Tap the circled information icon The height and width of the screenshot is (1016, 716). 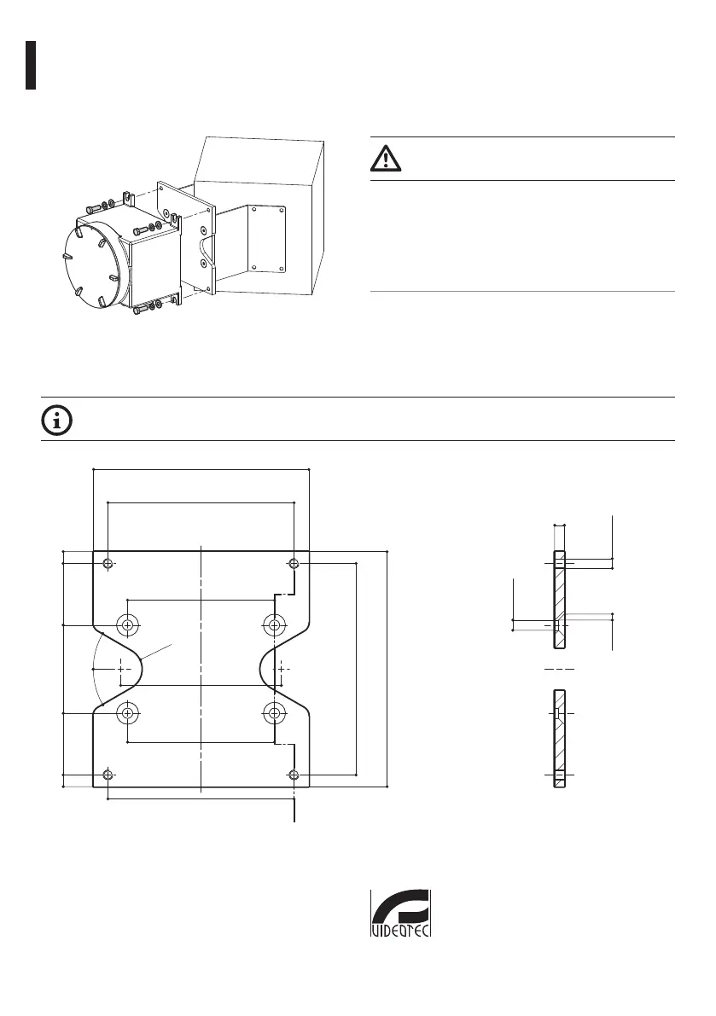point(57,420)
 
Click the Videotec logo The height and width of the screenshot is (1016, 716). point(400,914)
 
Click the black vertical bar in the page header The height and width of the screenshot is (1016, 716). point(30,64)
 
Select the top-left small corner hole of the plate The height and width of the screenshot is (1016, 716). point(108,563)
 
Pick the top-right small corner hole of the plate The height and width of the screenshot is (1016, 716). point(294,563)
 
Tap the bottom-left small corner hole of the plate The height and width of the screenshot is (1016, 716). point(108,775)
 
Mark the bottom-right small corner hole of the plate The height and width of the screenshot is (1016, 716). point(294,775)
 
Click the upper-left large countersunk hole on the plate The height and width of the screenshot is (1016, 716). point(128,625)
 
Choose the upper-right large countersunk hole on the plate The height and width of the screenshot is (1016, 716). point(273,625)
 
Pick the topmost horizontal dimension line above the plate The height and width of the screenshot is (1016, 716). point(201,468)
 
